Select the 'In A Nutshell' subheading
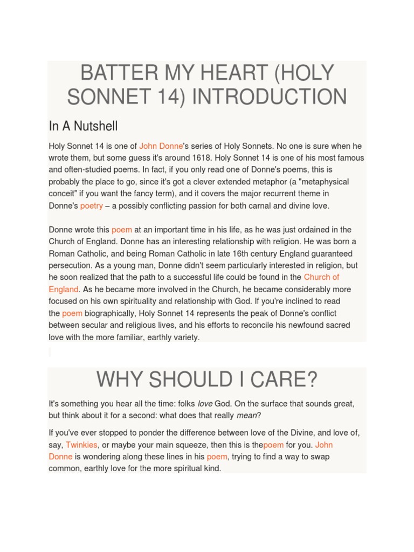click(83, 126)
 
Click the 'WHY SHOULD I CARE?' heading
click(207, 380)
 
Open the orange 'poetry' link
click(92, 206)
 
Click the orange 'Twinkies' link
click(81, 445)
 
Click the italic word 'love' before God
click(205, 404)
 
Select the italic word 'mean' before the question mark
click(246, 416)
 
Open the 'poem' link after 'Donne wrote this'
click(122, 230)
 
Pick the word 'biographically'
click(111, 313)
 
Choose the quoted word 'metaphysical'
click(321, 182)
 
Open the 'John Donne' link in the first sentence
click(161, 146)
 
